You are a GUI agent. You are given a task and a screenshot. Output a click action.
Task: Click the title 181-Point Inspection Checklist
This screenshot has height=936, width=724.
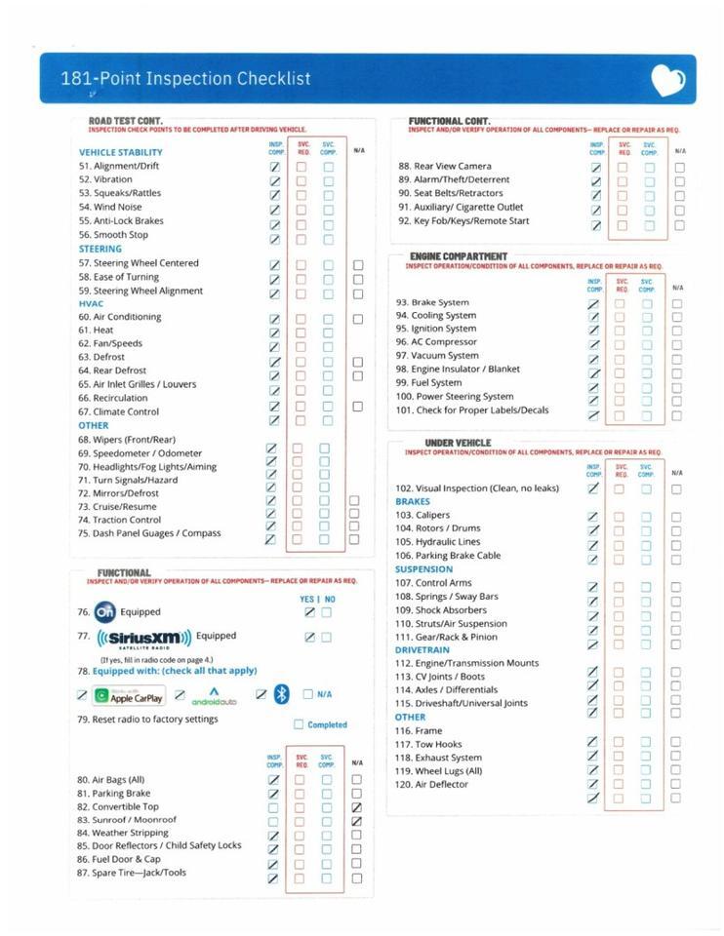185,80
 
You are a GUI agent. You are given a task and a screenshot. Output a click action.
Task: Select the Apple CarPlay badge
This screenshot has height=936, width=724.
128,696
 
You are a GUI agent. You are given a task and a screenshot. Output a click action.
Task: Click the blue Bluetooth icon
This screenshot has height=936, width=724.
281,694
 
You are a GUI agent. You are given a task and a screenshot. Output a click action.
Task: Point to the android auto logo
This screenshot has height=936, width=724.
214,696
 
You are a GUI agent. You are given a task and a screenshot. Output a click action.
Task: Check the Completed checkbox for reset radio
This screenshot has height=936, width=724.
299,724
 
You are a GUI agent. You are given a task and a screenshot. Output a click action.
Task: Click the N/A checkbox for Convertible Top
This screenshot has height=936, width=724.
356,807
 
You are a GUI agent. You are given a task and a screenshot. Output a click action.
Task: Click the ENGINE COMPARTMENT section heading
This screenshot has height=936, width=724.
459,256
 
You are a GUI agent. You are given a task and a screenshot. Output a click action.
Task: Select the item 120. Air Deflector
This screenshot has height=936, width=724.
431,784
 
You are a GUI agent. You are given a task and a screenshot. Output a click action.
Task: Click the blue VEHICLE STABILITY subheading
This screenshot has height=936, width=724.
121,152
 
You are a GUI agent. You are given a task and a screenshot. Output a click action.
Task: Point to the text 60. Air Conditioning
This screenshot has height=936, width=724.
120,317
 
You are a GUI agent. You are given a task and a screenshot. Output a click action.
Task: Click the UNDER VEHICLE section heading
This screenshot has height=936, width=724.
458,443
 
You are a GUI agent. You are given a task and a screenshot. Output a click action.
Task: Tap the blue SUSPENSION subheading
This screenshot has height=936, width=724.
423,569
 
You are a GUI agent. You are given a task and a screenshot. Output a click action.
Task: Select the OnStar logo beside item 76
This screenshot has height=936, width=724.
104,612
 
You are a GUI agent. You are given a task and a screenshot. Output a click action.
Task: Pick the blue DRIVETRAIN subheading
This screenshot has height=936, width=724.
422,649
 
